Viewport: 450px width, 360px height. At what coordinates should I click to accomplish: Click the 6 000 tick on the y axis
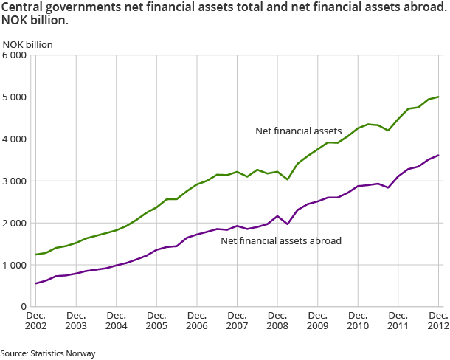[15, 55]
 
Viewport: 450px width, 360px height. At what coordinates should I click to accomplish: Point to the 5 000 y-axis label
[15, 97]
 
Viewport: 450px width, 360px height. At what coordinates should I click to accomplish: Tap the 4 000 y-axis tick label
[15, 139]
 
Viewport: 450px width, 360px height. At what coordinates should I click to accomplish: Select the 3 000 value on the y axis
[15, 181]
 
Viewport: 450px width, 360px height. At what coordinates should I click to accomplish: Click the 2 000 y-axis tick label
[15, 223]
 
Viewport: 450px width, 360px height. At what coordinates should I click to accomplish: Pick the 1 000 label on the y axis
[15, 265]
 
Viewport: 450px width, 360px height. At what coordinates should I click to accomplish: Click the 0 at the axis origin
[24, 306]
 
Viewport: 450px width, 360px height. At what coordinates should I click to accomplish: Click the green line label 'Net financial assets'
[299, 131]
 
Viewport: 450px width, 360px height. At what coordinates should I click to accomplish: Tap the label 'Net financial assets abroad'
[281, 240]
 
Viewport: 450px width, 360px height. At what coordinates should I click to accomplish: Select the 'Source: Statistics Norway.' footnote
[49, 353]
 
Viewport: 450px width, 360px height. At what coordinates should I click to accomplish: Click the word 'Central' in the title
[21, 7]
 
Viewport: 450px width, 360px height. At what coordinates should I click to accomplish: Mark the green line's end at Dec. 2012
[439, 97]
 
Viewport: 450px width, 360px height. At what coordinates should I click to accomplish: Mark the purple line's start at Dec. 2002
[35, 283]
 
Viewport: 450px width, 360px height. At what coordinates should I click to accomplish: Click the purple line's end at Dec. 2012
[439, 155]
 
